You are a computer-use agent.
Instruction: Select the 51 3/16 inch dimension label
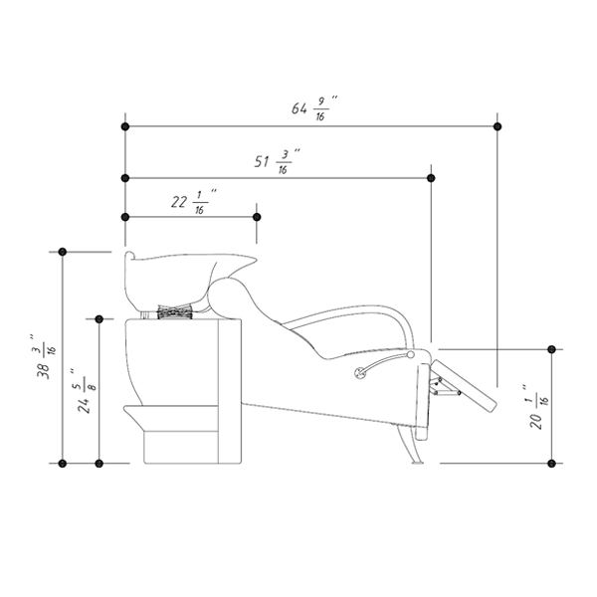coord(277,162)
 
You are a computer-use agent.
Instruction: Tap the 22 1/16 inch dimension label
coord(194,202)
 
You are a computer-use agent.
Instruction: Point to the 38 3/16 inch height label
coord(43,357)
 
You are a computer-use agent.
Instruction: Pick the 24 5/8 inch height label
coord(85,391)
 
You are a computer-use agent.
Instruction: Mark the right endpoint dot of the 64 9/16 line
coord(497,126)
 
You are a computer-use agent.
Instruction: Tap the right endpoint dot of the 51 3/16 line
coord(431,178)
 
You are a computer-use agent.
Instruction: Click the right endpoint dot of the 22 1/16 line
coord(257,217)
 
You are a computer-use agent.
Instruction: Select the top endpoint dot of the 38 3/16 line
coord(63,252)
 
